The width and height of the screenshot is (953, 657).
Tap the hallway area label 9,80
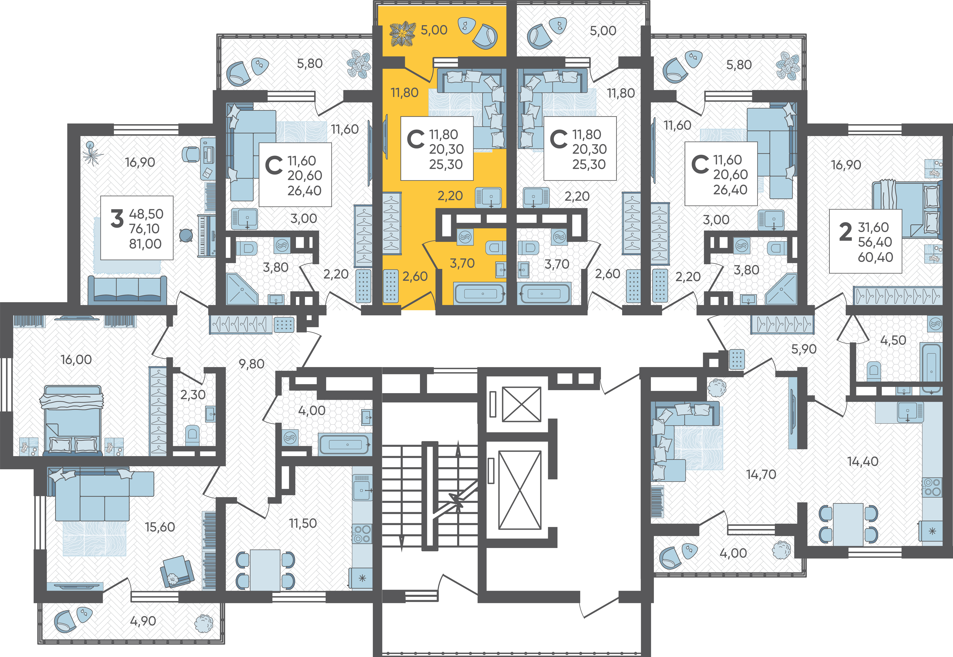pos(251,364)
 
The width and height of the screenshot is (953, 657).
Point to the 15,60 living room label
pos(160,527)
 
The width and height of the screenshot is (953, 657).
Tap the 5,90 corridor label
pos(804,349)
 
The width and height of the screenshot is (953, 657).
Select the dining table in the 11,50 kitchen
pos(265,570)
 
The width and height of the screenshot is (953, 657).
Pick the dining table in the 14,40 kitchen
pos(848,524)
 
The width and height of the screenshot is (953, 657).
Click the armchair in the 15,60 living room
pos(177,571)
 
